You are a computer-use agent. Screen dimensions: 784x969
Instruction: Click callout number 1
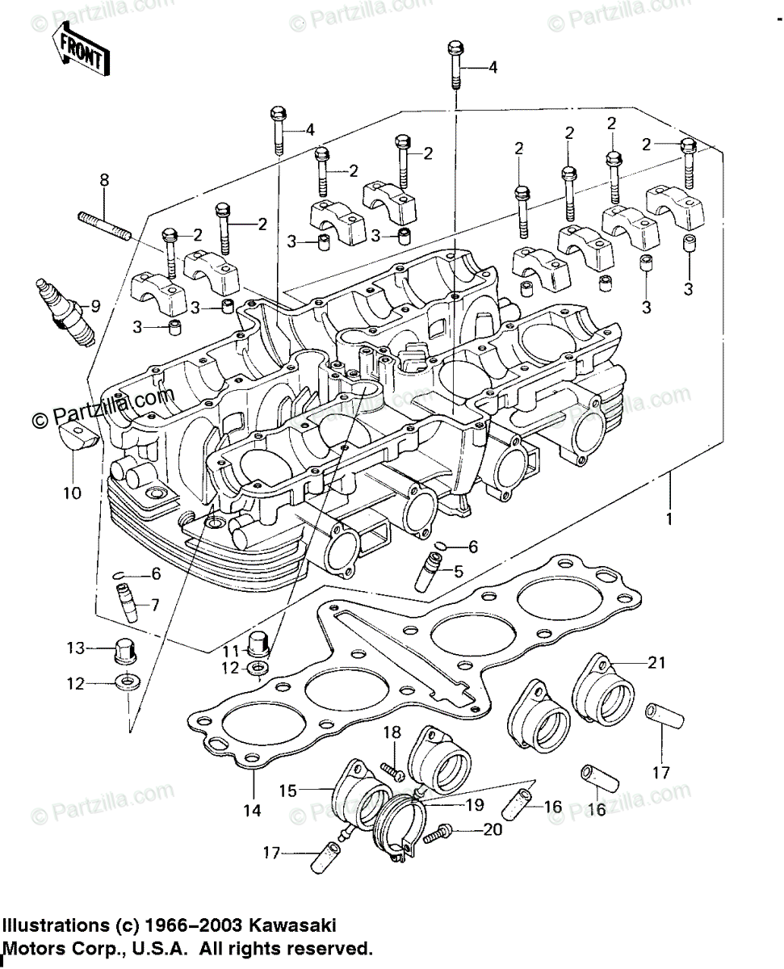click(x=669, y=518)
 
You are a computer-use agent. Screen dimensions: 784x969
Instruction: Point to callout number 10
click(x=73, y=493)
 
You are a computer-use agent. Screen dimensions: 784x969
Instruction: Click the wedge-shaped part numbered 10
click(x=78, y=435)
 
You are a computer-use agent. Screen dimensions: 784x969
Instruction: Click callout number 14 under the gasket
click(x=252, y=810)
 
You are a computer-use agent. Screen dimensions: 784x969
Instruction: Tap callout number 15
click(x=288, y=791)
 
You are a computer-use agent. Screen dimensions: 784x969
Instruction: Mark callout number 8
click(x=104, y=180)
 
